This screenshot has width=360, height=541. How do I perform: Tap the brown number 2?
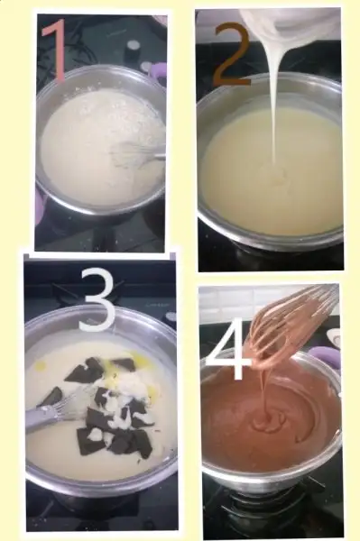click(x=232, y=54)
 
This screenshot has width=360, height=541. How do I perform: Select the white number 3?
click(x=97, y=300)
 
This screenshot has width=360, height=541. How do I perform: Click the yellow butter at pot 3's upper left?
click(x=42, y=363)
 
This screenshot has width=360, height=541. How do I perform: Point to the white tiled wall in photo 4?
click(x=242, y=304)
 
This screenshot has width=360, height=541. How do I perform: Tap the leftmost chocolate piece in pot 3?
click(x=51, y=396)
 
